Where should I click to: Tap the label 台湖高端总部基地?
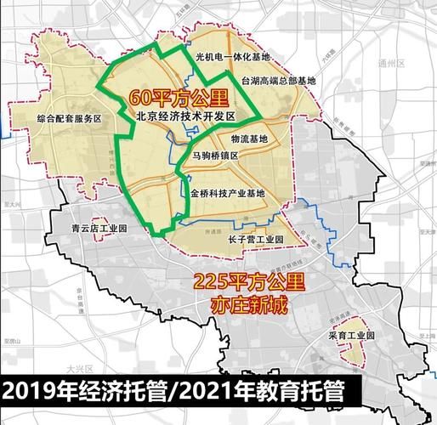click(278, 82)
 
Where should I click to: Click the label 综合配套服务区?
click(69, 120)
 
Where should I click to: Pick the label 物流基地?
click(248, 139)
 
